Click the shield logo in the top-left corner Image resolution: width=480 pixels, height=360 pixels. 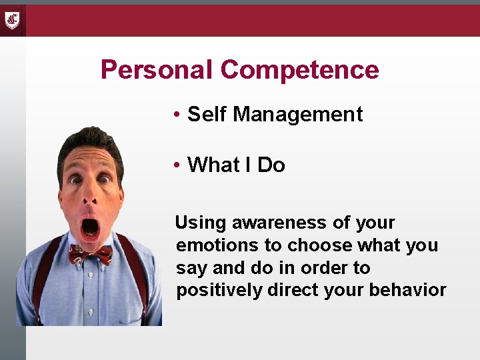click(12, 20)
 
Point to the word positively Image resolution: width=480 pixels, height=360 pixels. click(219, 291)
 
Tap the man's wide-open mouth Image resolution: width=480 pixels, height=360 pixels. click(89, 228)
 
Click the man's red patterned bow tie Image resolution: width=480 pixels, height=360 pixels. click(90, 254)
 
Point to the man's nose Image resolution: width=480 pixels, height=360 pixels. click(91, 197)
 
